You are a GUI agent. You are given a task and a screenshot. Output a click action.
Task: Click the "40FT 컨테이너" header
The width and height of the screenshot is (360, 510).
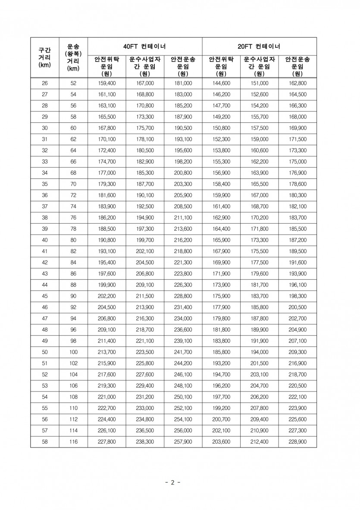click(x=145, y=46)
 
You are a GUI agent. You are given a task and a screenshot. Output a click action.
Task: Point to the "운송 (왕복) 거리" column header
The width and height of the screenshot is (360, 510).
click(x=73, y=57)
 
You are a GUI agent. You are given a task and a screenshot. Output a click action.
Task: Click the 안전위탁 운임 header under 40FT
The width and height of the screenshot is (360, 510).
click(x=106, y=66)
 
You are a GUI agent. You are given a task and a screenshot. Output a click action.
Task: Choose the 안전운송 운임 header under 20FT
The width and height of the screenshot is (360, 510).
click(x=297, y=66)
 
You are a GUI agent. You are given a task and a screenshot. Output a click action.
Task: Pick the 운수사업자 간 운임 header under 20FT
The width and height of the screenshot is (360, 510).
click(x=259, y=66)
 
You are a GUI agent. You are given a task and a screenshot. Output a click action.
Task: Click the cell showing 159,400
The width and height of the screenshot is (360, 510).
click(x=107, y=83)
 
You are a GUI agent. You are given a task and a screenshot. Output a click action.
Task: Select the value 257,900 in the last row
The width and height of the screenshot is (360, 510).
click(x=183, y=441)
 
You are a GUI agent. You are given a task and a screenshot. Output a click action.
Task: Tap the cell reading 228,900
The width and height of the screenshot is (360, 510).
click(x=297, y=441)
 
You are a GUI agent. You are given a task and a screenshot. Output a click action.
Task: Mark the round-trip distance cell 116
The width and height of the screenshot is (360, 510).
click(x=73, y=441)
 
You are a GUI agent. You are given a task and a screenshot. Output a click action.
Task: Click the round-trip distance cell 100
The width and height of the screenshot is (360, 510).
click(x=73, y=352)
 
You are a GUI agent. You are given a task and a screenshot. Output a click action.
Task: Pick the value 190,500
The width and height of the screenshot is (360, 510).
click(x=183, y=128)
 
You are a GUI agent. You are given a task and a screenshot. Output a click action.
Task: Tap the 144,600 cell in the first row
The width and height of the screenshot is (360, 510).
click(x=221, y=83)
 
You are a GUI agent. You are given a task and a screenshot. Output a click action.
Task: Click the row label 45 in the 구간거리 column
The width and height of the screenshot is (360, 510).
click(x=45, y=296)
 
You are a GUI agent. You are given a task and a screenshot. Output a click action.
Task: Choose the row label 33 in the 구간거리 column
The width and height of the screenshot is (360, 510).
click(x=45, y=161)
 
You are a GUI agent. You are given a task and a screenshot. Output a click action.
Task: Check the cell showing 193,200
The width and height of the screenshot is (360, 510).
click(x=221, y=363)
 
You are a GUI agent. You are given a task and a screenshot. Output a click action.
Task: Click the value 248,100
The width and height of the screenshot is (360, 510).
click(x=183, y=385)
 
